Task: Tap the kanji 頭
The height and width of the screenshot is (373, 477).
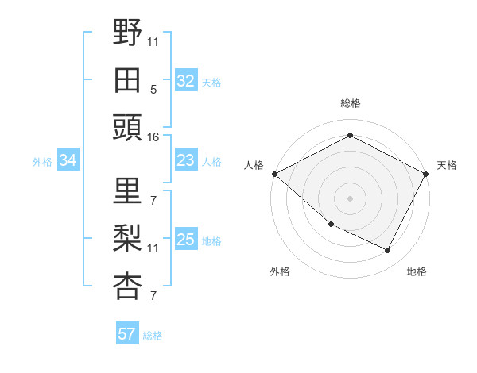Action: pos(127,127)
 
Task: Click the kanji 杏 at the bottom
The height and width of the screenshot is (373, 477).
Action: pos(127,286)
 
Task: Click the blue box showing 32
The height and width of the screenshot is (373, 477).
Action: pos(185,81)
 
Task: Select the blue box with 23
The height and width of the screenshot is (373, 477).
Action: pos(185,160)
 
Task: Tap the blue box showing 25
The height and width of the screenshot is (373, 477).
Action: pos(185,240)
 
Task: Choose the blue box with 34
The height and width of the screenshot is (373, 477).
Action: pos(68,161)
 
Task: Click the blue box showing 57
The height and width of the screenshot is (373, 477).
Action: pos(126,334)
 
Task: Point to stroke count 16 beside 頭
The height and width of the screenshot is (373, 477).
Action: pos(153,137)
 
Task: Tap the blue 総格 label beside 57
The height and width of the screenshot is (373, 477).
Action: pos(153,336)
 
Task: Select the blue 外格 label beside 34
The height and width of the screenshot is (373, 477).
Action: pos(42,162)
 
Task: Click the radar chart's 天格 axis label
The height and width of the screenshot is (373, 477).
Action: pos(447,165)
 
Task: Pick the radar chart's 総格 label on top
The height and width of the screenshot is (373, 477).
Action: pos(350,103)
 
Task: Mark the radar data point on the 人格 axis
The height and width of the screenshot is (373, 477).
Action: pos(274,174)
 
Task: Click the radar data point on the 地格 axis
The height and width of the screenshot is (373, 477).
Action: pos(388,251)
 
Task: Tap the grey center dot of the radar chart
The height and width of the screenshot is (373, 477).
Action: pos(350,198)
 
